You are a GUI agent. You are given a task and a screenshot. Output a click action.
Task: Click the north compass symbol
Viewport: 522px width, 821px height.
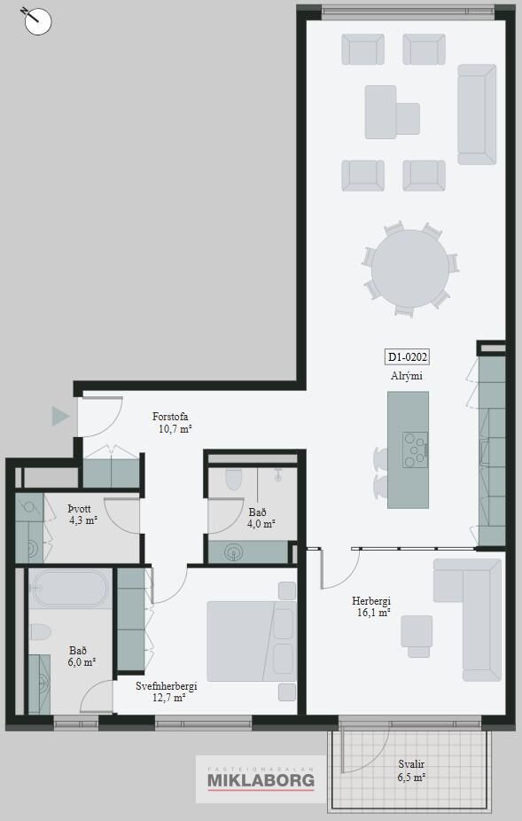pyautogui.click(x=37, y=21)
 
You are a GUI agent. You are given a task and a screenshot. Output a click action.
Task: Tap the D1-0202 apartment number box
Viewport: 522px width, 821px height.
pyautogui.click(x=407, y=357)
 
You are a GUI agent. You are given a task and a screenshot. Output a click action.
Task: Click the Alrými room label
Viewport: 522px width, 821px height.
pyautogui.click(x=407, y=376)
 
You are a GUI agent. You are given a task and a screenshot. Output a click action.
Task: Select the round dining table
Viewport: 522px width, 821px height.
pyautogui.click(x=410, y=269)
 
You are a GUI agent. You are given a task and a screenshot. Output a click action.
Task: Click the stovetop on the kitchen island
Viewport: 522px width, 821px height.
pyautogui.click(x=415, y=450)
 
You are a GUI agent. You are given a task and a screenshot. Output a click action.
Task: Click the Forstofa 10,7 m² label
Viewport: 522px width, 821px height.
pyautogui.click(x=171, y=423)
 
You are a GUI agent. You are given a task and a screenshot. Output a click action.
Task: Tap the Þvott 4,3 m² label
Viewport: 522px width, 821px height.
pyautogui.click(x=82, y=515)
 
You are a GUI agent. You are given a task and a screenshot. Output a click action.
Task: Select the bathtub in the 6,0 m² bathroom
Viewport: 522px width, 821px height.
pyautogui.click(x=70, y=588)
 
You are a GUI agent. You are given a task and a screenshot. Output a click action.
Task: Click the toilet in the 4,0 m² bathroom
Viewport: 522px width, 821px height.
pyautogui.click(x=233, y=479)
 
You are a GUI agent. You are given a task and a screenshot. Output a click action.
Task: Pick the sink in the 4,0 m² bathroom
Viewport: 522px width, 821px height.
pyautogui.click(x=233, y=551)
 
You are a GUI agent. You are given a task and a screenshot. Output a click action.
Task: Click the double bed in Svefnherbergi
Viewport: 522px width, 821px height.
pyautogui.click(x=252, y=641)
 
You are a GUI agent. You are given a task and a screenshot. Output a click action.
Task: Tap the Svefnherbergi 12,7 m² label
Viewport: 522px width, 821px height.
pyautogui.click(x=166, y=692)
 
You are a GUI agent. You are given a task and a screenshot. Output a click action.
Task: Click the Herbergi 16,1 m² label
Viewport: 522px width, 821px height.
pyautogui.click(x=371, y=606)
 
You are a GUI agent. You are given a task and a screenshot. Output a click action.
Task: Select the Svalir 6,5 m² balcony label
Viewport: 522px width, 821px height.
pyautogui.click(x=411, y=770)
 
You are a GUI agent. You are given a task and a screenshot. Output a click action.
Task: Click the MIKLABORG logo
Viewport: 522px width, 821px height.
pyautogui.click(x=261, y=778)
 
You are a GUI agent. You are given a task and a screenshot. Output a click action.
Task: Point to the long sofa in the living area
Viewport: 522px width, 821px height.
pyautogui.click(x=477, y=114)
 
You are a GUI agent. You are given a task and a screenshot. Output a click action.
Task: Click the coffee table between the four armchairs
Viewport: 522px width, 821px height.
pyautogui.click(x=392, y=112)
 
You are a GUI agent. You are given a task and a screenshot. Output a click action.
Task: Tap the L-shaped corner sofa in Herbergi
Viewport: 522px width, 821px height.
pyautogui.click(x=468, y=620)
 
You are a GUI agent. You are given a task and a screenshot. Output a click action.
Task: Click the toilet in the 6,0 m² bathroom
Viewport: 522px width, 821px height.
pyautogui.click(x=40, y=632)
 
